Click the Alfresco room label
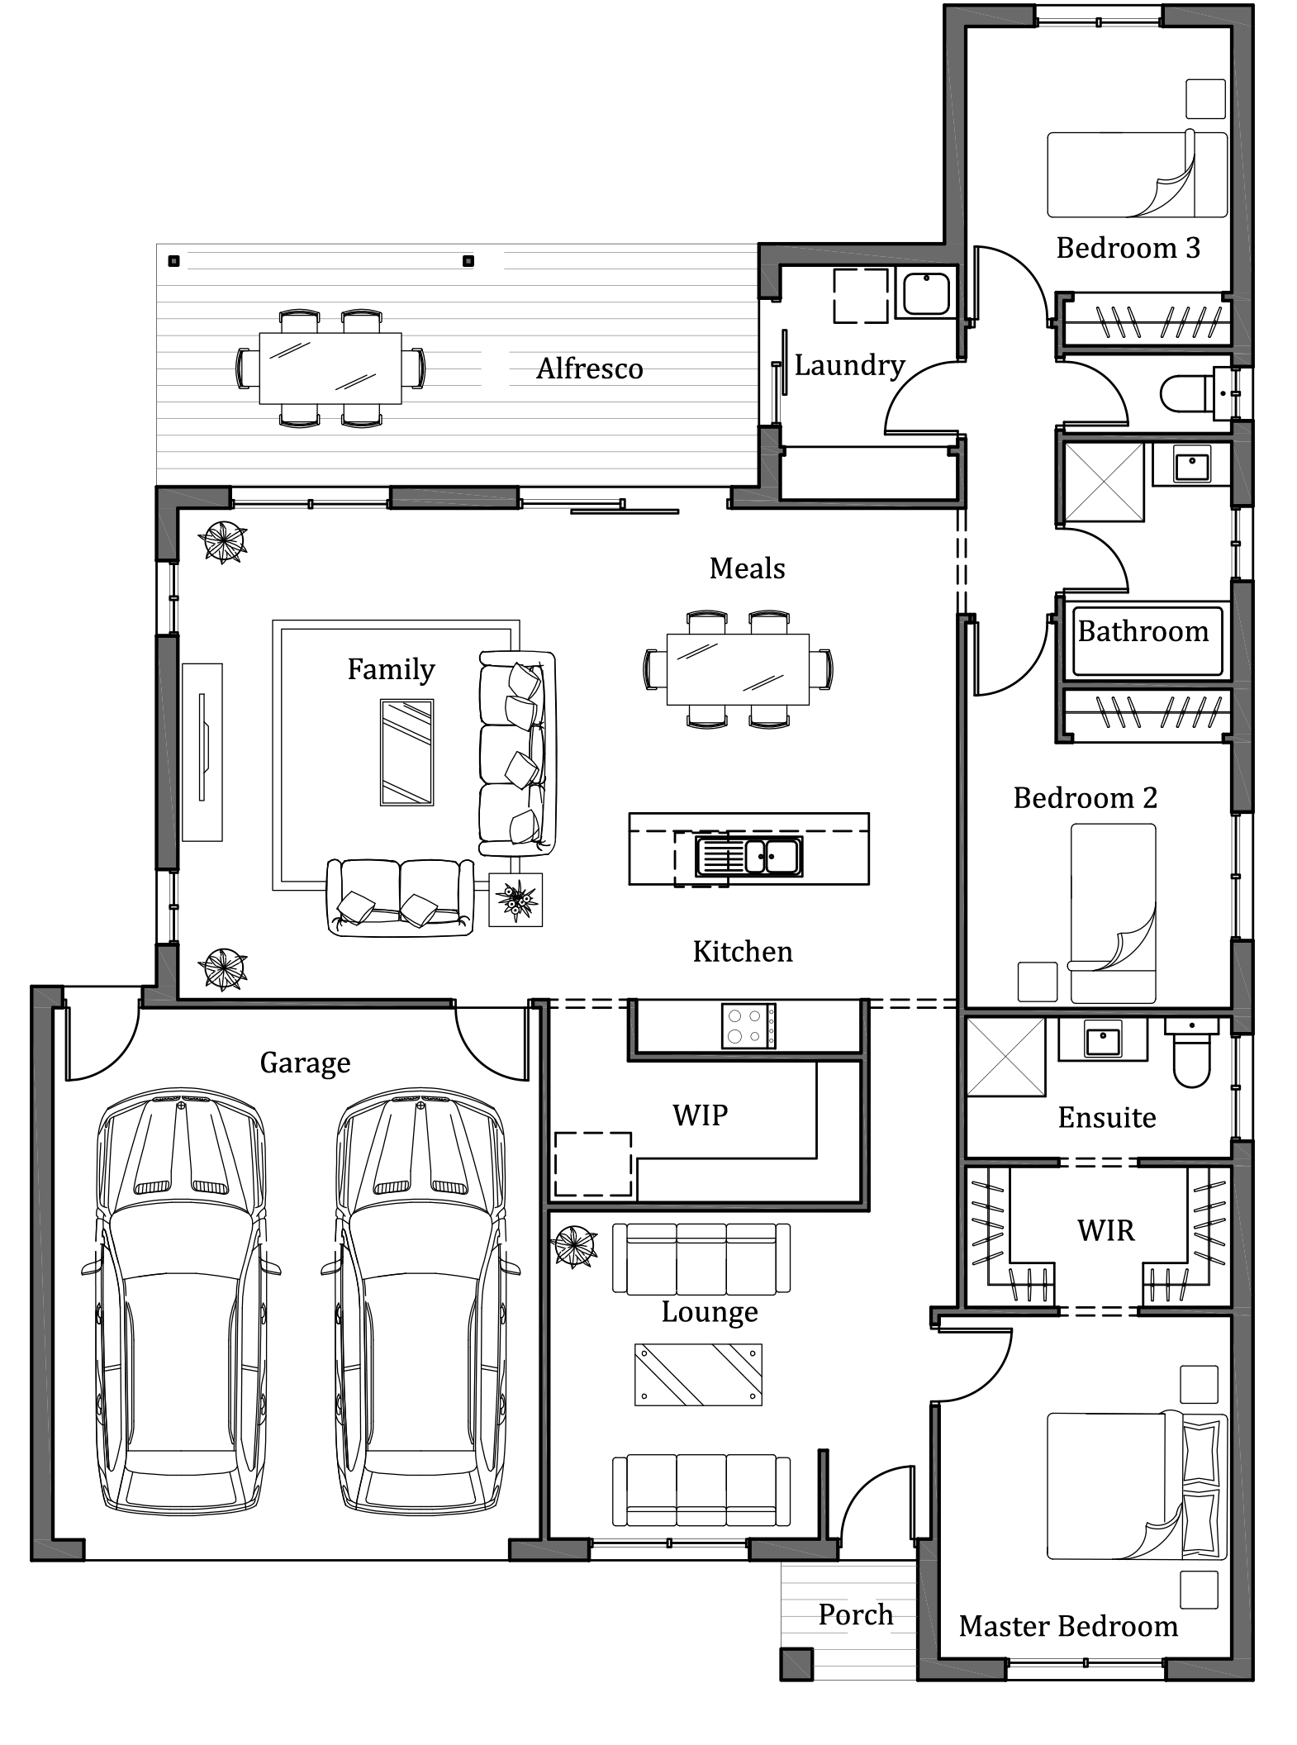(589, 368)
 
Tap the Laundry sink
(926, 293)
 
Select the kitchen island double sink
(748, 856)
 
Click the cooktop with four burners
(748, 1025)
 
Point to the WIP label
(700, 1115)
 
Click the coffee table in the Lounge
(698, 1375)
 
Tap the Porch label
(856, 1614)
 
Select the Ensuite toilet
(1192, 1053)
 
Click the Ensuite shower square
(1005, 1058)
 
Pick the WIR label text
(1106, 1231)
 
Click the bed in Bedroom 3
(1138, 174)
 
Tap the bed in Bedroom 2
(1114, 913)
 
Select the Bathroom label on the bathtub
(1143, 631)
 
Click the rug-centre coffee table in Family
(406, 753)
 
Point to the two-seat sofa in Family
(401, 897)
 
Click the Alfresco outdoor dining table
(330, 368)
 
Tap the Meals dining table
(739, 669)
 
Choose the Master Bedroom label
(1068, 1626)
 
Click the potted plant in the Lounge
(575, 1246)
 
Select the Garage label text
(305, 1063)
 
